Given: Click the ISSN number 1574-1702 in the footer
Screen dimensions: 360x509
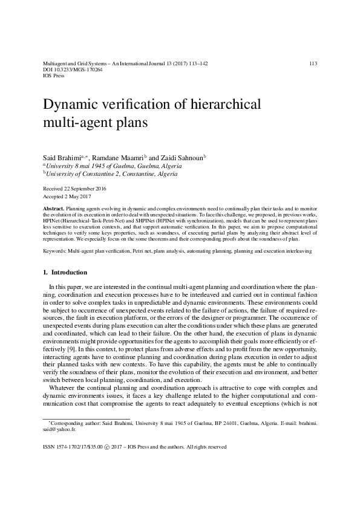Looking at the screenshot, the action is pyautogui.click(x=67, y=447).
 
